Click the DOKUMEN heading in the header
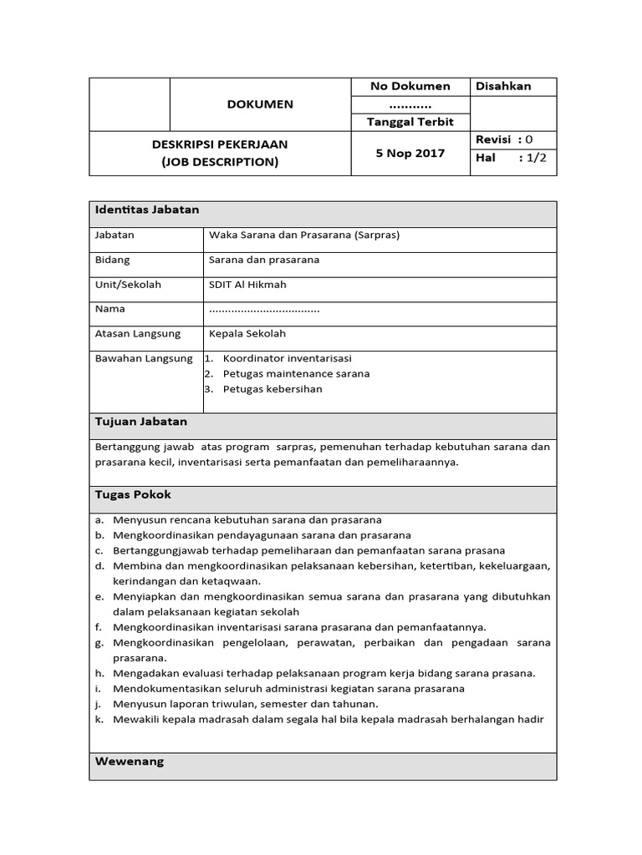(260, 104)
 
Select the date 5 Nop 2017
(410, 154)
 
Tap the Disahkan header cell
(503, 87)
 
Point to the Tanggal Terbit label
(410, 122)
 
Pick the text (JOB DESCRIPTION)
(220, 162)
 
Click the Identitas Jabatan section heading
(147, 210)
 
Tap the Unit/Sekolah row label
(129, 285)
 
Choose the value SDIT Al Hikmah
(247, 285)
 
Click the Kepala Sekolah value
(247, 334)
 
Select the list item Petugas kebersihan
(273, 389)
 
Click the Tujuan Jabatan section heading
(141, 422)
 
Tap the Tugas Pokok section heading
(133, 495)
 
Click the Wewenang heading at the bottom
(130, 761)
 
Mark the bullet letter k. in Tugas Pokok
(99, 720)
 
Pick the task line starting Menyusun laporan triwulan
(234, 704)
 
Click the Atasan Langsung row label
(138, 334)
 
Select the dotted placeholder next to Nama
(264, 310)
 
